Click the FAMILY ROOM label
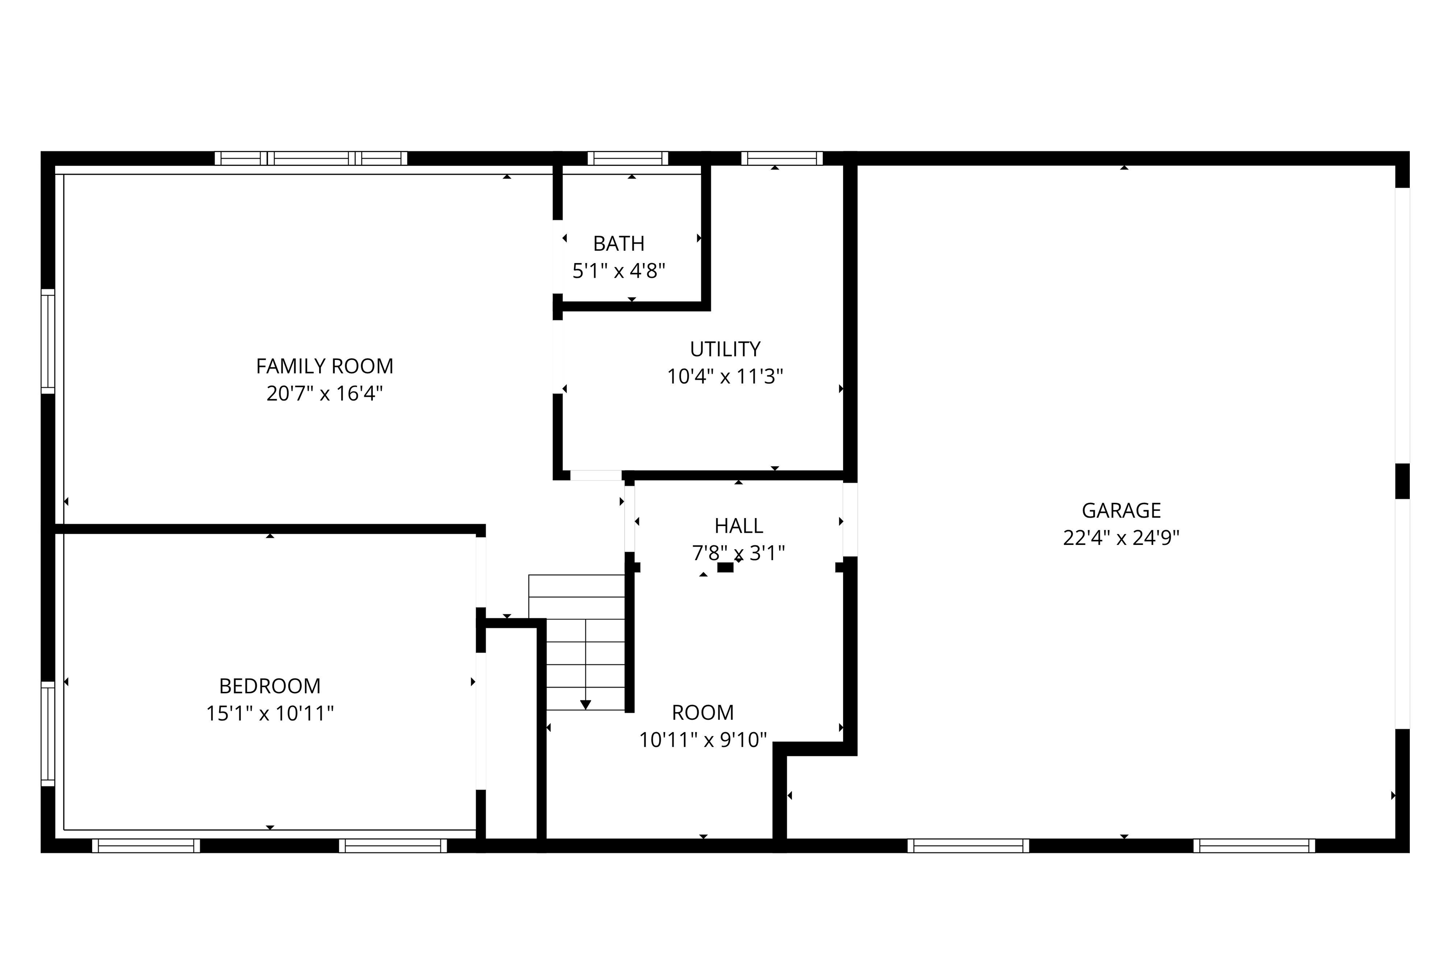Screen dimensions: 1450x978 (324, 366)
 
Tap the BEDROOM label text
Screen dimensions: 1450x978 (270, 686)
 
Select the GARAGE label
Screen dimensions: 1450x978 (1121, 511)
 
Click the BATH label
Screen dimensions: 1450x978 (618, 243)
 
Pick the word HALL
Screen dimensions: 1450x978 (739, 526)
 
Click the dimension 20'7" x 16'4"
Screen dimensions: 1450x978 (324, 393)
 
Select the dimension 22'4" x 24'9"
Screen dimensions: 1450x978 (1121, 538)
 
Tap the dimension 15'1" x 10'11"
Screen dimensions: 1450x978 (270, 713)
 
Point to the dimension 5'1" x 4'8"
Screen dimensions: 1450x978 (618, 271)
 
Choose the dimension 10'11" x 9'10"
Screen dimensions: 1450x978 (702, 740)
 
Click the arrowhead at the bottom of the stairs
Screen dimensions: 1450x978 (585, 704)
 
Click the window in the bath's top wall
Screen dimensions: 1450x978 (628, 158)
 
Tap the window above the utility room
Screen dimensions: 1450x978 (782, 158)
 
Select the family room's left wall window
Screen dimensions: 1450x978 (48, 341)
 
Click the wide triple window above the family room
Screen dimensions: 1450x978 (311, 158)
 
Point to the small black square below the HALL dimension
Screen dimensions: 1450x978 (725, 567)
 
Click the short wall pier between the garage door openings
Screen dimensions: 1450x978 (1402, 481)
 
